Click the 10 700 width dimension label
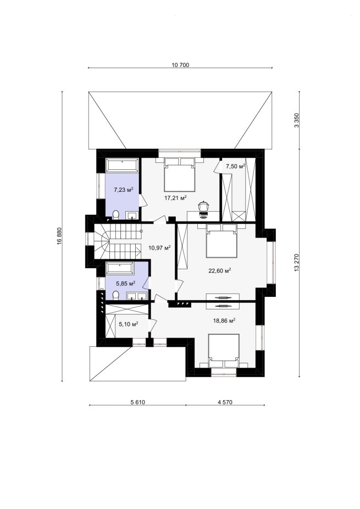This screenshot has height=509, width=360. pos(180,65)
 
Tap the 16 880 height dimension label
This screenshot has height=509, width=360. pos(59,236)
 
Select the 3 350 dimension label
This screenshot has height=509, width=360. pos(296,120)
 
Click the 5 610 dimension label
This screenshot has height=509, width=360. pos(137,402)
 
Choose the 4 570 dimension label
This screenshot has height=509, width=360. pos(225,402)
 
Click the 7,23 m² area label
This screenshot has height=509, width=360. pos(124,190)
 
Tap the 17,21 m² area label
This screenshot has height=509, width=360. pos(175,198)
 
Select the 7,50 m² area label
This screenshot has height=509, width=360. pos(235,167)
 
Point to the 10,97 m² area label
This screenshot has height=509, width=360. pos(160,248)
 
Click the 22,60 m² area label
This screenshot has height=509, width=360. pos(219,271)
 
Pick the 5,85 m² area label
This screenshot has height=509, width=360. pos(126,284)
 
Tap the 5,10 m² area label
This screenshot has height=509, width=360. pos(129,324)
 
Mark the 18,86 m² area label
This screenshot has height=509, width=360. pos(224,320)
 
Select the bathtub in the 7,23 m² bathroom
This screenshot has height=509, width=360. pos(122,165)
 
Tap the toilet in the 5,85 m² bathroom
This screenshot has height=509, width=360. pos(115,295)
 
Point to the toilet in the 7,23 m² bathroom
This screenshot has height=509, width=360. pos(115,214)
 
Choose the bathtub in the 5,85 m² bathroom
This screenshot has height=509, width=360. pos(120,269)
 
